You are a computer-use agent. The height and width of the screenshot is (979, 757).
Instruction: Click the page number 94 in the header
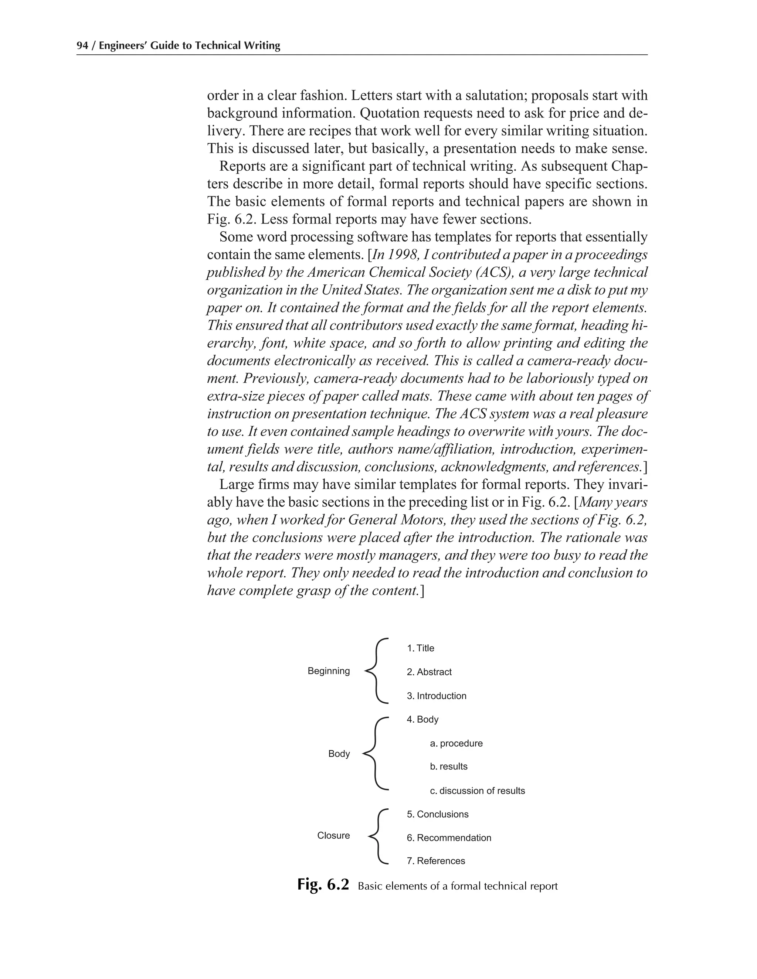pos(82,46)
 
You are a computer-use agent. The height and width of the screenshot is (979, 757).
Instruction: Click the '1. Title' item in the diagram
pos(420,648)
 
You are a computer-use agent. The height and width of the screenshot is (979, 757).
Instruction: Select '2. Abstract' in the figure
pos(429,672)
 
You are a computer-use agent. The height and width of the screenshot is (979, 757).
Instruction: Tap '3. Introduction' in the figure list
pos(437,696)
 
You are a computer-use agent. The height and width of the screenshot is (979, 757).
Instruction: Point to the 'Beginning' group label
pos(328,671)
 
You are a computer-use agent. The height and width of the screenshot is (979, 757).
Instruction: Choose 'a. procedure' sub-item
pos(456,743)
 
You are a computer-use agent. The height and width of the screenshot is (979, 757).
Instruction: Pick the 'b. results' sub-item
pos(448,767)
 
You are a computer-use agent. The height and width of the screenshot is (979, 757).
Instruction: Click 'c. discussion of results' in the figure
pos(477,791)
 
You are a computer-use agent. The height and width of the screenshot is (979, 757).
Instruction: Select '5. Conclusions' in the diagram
pos(437,814)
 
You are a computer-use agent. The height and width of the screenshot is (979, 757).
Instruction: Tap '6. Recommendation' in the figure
pos(449,838)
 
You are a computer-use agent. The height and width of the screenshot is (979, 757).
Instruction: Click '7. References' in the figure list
pos(436,861)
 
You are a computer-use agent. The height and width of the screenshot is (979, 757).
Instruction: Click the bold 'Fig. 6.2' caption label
pos(323,885)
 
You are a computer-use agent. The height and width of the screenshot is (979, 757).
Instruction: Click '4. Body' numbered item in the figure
pos(422,719)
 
